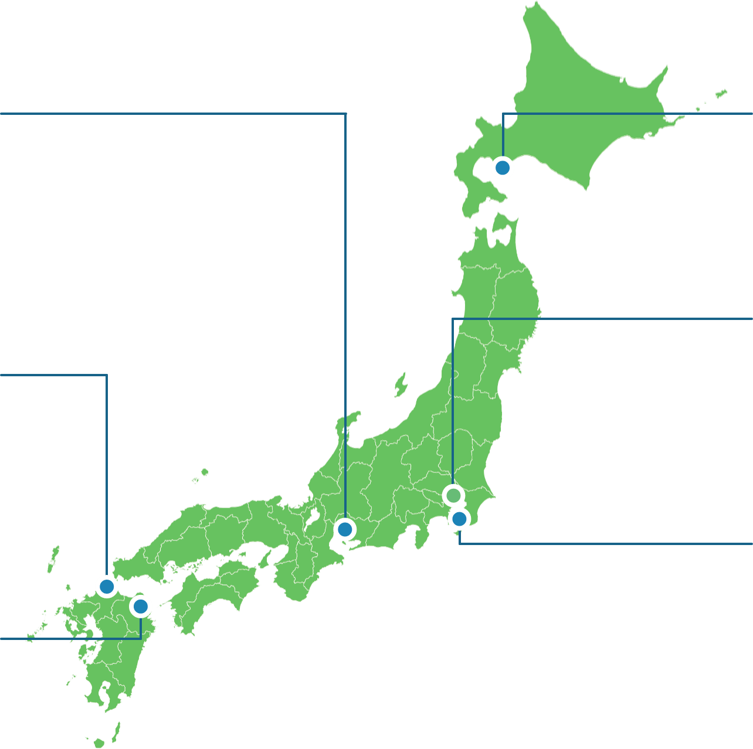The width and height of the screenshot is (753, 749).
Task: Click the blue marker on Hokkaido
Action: pos(503,168)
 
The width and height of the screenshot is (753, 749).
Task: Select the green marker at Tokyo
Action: pos(453,496)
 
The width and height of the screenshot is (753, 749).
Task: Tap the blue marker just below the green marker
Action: pos(459,519)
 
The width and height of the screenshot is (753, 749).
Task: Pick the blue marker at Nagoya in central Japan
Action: pos(345,529)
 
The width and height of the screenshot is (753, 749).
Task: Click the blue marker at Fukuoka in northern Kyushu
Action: pos(107,585)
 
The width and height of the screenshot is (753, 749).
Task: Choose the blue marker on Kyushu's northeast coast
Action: pos(141,606)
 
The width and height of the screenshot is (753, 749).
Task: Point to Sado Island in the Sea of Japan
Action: pos(401,385)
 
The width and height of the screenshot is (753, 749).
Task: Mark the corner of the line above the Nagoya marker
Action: pos(346,114)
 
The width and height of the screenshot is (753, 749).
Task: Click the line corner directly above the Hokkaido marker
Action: pos(503,114)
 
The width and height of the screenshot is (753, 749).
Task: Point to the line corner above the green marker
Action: pos(453,319)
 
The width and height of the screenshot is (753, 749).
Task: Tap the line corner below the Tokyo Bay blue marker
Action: pos(459,543)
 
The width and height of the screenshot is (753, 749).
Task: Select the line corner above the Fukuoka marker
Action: pos(107,375)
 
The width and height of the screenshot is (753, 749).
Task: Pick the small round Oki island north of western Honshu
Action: pos(204,471)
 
